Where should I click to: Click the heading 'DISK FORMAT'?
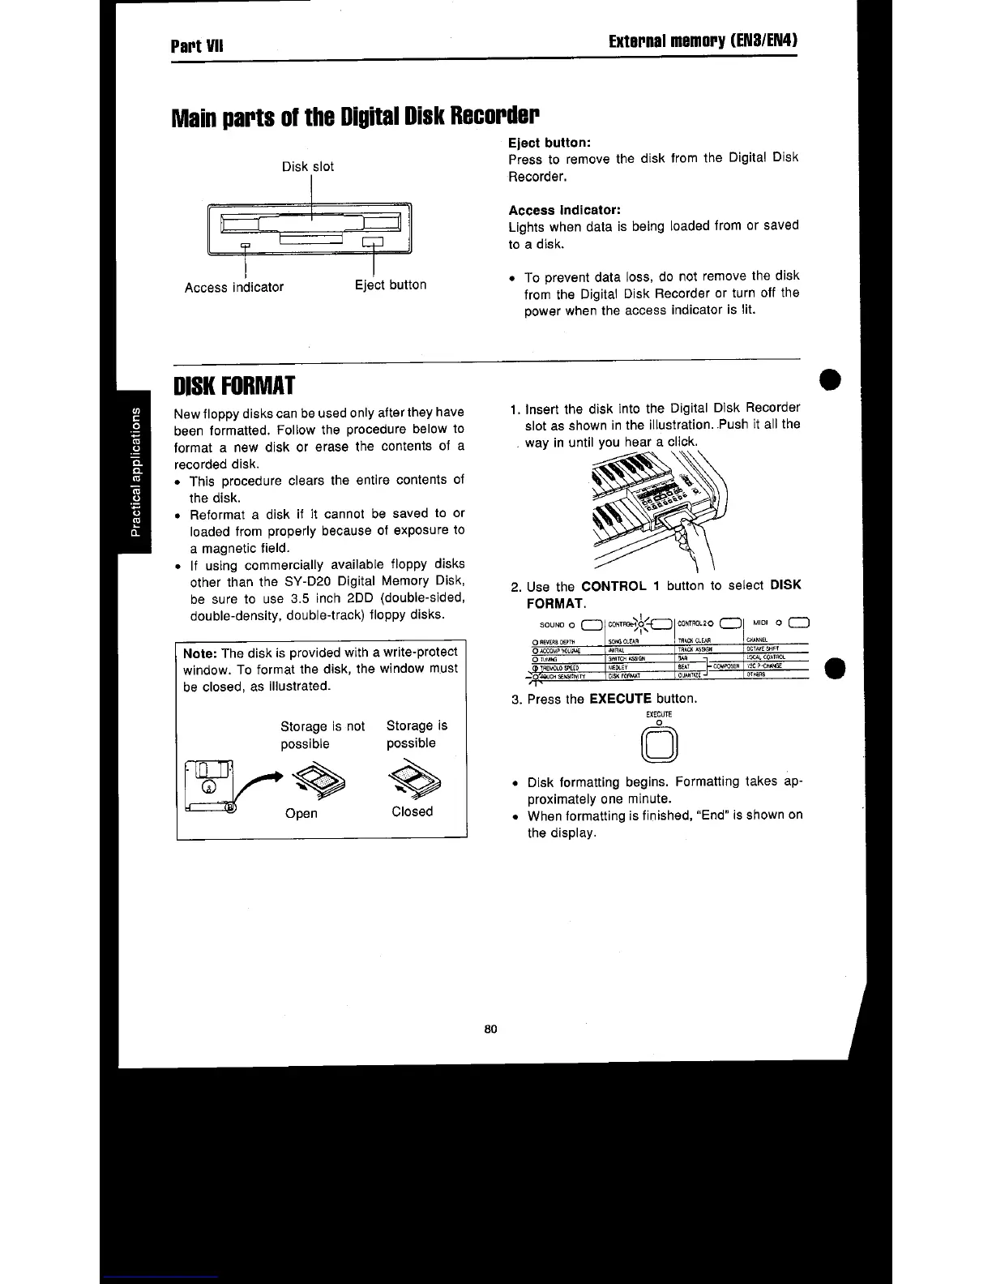tap(234, 385)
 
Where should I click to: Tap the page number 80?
tap(490, 1029)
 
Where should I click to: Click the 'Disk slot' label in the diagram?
tap(307, 167)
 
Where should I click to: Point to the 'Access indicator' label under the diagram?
tap(234, 287)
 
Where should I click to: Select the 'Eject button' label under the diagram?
tap(391, 285)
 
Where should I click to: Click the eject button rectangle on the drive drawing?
tap(373, 242)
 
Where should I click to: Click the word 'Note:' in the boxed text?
tap(199, 653)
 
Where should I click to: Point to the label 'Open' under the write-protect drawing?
tap(301, 813)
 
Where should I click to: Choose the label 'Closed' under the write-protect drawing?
tap(412, 811)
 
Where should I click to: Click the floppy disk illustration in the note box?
tap(210, 785)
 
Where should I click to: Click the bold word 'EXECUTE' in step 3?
tap(620, 698)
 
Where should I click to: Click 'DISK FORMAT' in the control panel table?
tap(625, 675)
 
